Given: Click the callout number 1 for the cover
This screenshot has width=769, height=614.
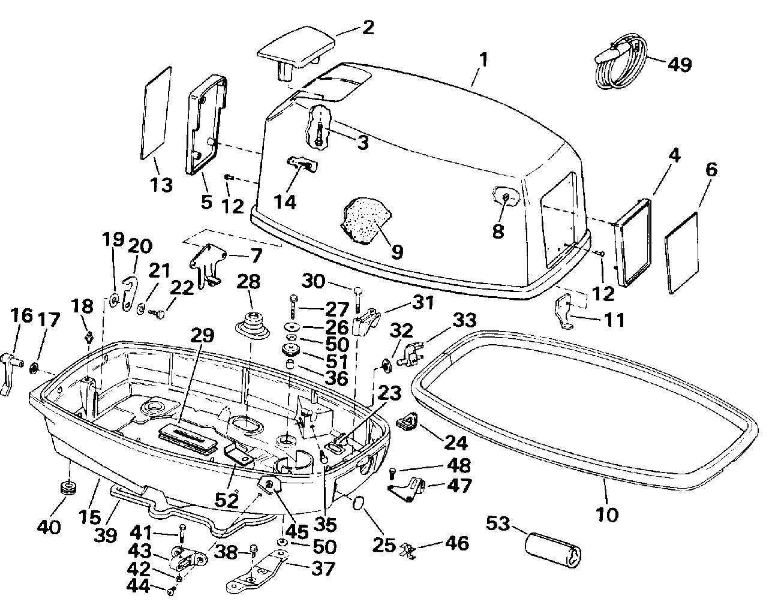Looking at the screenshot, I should tap(483, 61).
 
